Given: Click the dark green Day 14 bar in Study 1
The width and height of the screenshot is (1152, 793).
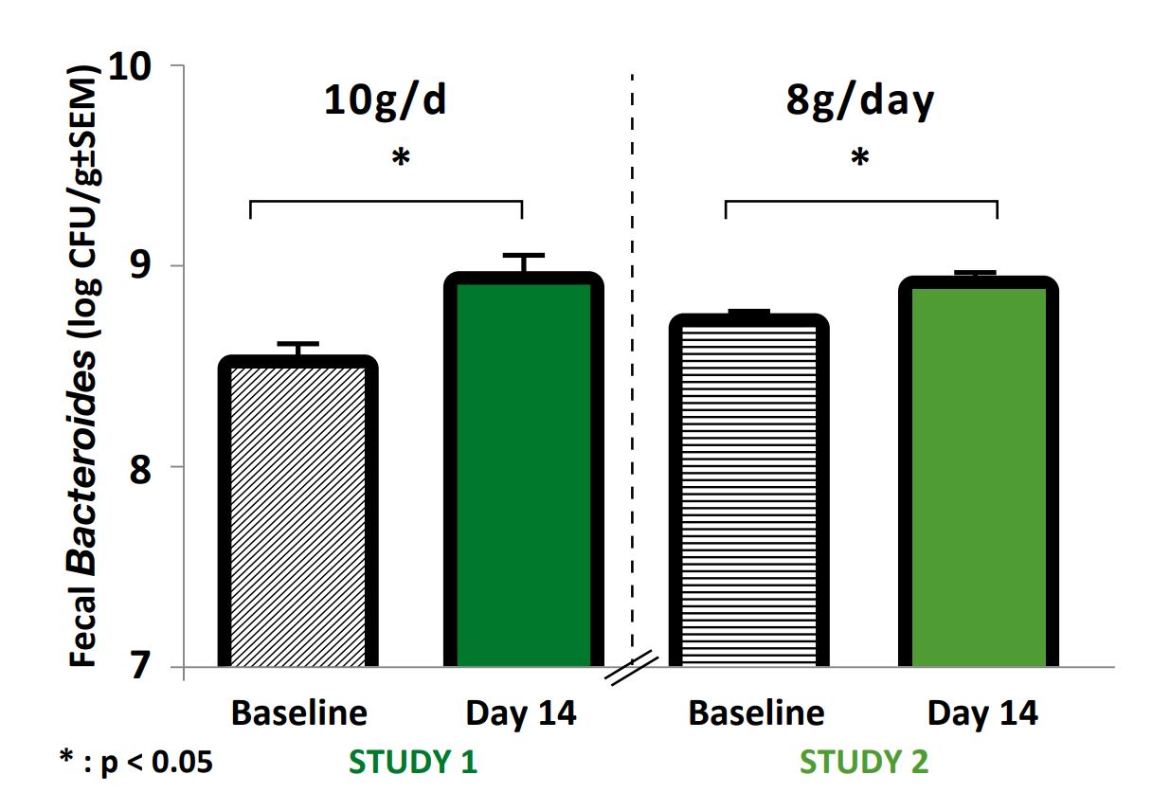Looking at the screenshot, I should [524, 474].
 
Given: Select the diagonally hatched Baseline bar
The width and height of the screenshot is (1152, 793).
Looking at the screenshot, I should [298, 516].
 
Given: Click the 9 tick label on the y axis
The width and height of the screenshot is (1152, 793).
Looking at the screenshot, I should [143, 267].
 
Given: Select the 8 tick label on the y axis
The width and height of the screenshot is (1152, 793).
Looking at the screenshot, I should [143, 468].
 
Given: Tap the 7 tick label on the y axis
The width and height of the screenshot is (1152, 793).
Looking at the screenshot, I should [143, 668].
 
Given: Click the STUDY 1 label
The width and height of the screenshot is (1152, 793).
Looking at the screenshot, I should [413, 762].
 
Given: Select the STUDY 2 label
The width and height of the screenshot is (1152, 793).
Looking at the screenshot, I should [864, 762].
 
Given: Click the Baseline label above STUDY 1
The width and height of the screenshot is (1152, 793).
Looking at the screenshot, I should [298, 713].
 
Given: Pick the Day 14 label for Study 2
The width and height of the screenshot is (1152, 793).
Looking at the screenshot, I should [982, 713].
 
